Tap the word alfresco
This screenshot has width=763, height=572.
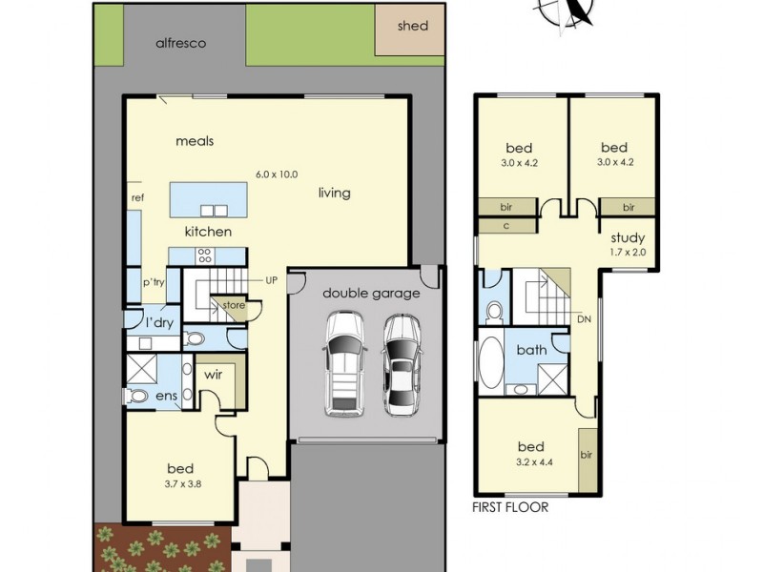click(x=181, y=43)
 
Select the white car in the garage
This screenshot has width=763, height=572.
click(x=343, y=365)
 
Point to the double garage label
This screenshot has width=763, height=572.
click(x=371, y=293)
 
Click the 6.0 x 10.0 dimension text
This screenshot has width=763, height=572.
click(x=277, y=174)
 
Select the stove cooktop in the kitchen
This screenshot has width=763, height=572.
click(x=204, y=255)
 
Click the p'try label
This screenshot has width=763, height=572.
click(x=155, y=283)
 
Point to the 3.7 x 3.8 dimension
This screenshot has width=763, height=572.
click(x=180, y=483)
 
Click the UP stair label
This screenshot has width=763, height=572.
click(x=272, y=281)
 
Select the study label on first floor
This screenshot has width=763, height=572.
click(x=627, y=238)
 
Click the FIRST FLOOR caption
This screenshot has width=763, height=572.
click(x=510, y=507)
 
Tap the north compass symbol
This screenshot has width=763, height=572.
click(x=575, y=10)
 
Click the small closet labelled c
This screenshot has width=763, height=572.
click(x=506, y=225)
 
